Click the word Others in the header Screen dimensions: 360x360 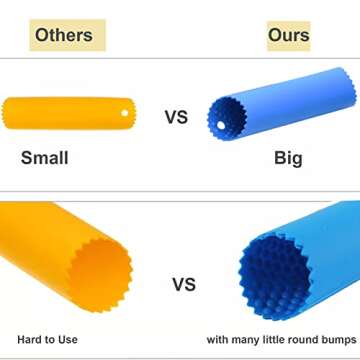coord(64,34)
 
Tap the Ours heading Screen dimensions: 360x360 coord(288,34)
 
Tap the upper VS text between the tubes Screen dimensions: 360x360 coord(176,117)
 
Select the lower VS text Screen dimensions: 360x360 coord(183,284)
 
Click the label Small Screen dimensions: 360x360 coord(45,157)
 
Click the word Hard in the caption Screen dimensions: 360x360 coord(30,339)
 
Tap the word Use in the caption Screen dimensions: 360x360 coord(67,339)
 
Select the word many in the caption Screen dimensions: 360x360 coord(244,339)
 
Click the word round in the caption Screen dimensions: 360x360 coord(298,339)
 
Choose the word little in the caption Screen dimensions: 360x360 coord(270,339)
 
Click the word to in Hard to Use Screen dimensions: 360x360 coord(50,339)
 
